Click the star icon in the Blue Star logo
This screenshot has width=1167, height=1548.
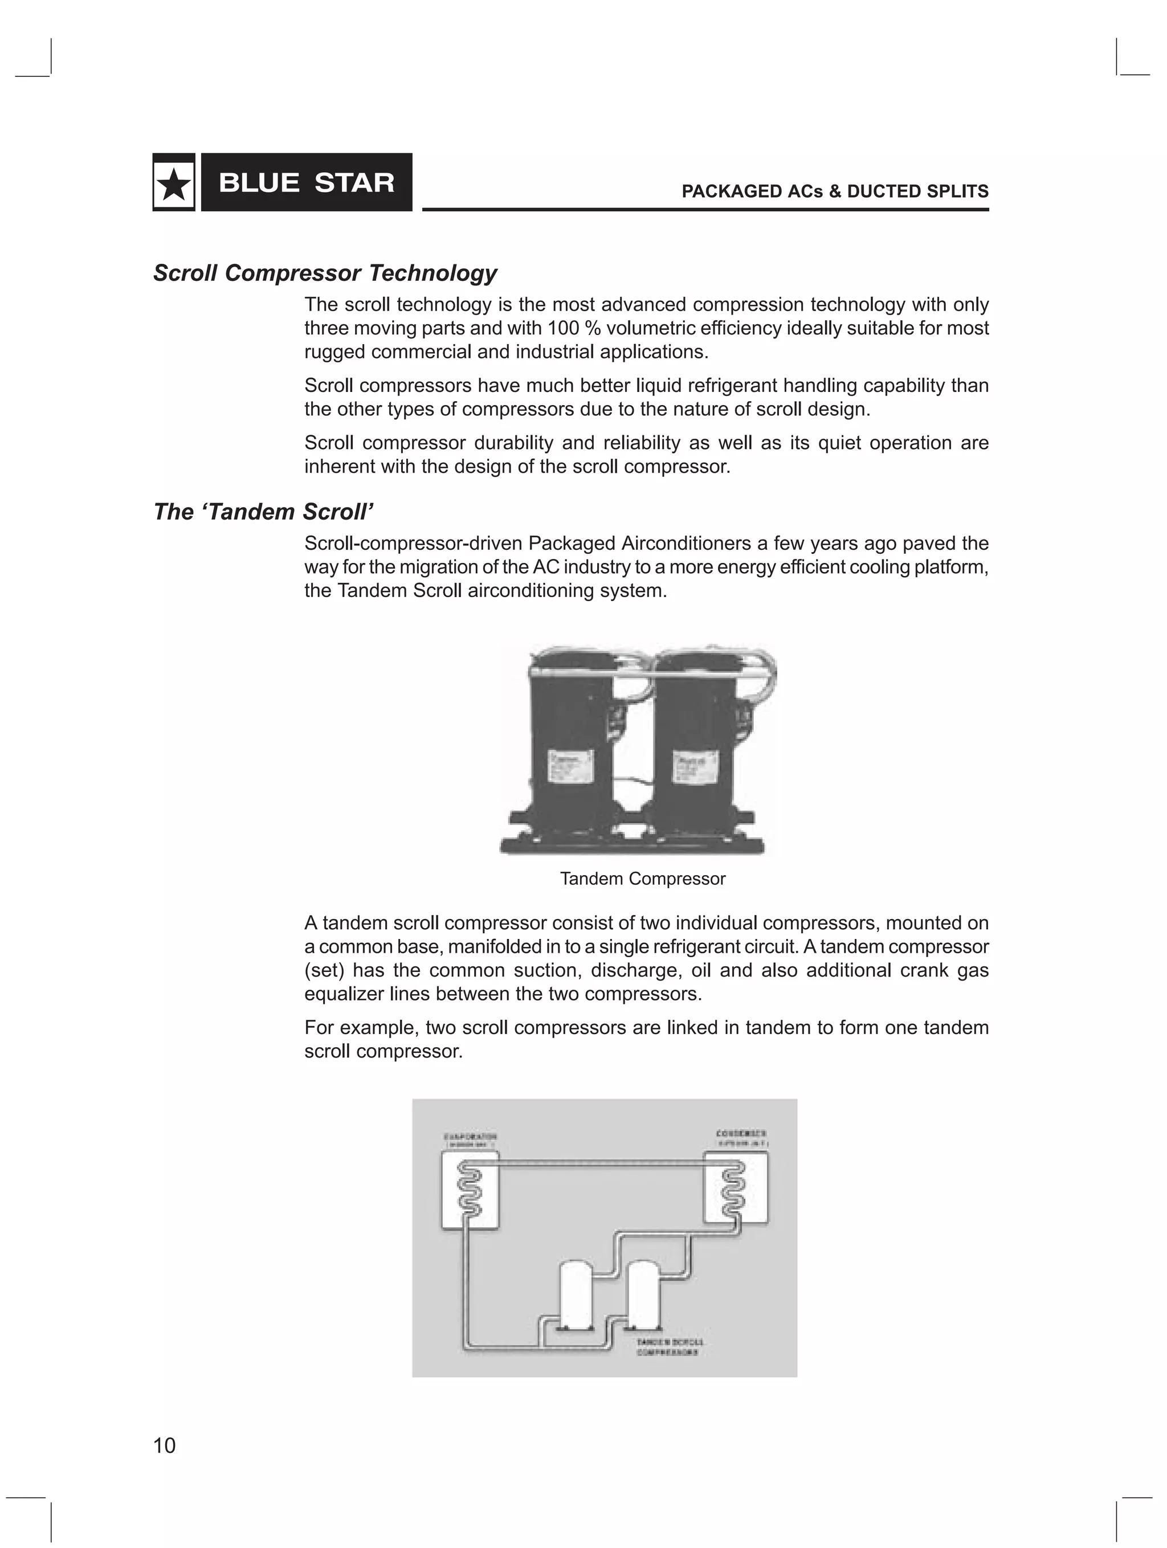pyautogui.click(x=174, y=183)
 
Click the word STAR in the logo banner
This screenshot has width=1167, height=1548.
pyautogui.click(x=354, y=183)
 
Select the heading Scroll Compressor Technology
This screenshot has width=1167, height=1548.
pyautogui.click(x=325, y=273)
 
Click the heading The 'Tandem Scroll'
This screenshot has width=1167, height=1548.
pyautogui.click(x=263, y=512)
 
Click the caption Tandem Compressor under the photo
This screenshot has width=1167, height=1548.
pyautogui.click(x=643, y=879)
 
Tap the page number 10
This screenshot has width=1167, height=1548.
pyautogui.click(x=165, y=1445)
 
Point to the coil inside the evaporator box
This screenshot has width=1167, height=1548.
pyautogui.click(x=468, y=1190)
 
